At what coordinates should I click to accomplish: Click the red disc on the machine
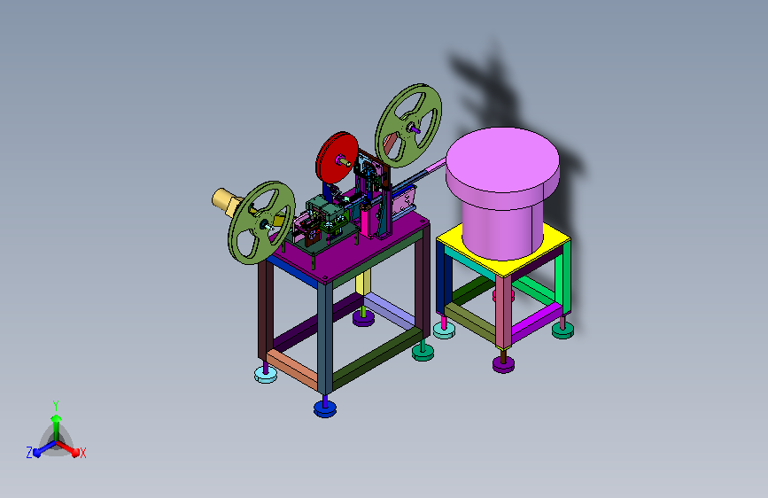(x=337, y=158)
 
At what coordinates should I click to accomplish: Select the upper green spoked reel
(x=408, y=126)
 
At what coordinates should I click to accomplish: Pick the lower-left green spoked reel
(x=261, y=222)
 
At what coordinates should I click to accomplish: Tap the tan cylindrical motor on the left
(x=226, y=201)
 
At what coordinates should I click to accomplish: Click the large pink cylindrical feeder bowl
(x=502, y=191)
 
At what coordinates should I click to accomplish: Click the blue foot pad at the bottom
(x=325, y=408)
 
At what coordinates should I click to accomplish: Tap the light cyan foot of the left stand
(x=266, y=375)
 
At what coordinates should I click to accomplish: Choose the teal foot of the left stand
(x=423, y=352)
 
